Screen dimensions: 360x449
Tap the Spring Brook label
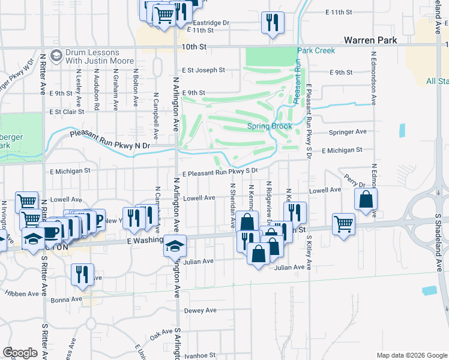[270, 127]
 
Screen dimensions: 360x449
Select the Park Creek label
[316, 51]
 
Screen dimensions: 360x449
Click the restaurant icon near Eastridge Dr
[273, 23]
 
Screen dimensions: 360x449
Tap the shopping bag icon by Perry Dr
[366, 200]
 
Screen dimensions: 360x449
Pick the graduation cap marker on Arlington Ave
[175, 246]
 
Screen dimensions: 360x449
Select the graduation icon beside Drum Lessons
[56, 56]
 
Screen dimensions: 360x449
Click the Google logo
[20, 353]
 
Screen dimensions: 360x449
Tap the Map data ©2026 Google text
[411, 355]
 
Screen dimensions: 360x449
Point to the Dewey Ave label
[200, 310]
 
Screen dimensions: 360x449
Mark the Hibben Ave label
[26, 293]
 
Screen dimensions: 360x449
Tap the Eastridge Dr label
[209, 23]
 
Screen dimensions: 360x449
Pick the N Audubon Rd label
[97, 90]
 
